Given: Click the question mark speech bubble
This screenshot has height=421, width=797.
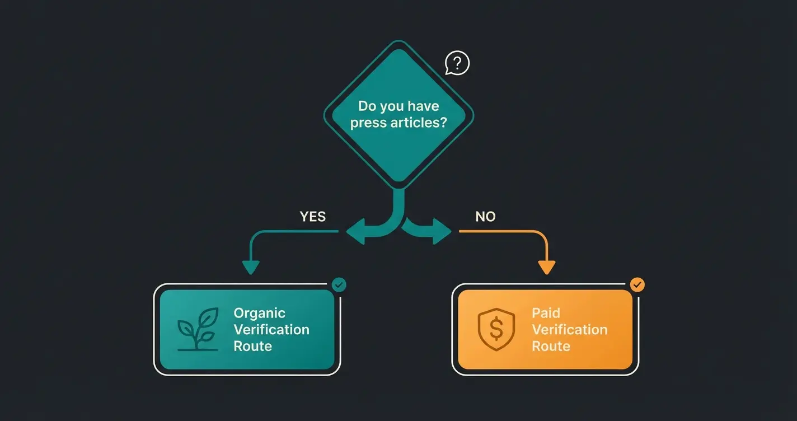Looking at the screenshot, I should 457,63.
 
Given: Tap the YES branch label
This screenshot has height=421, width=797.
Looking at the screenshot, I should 312,217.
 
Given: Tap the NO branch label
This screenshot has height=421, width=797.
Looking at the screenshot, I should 485,217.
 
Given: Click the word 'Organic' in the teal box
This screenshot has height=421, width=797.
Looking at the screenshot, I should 259,313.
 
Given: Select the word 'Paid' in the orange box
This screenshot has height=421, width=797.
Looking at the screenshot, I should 546,313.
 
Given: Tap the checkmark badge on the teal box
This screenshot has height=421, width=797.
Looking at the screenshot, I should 339,285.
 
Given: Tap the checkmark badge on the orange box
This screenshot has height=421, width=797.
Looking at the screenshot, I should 637,285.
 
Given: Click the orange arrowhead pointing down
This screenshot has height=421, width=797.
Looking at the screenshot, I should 546,268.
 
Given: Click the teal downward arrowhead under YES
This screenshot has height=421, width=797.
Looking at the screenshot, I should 250,268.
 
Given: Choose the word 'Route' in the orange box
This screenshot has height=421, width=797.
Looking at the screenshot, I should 551,346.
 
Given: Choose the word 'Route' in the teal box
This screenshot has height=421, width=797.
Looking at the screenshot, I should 252,346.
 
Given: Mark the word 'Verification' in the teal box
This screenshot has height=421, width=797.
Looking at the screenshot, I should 271,329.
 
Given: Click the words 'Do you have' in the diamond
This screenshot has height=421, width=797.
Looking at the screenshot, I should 399,106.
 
